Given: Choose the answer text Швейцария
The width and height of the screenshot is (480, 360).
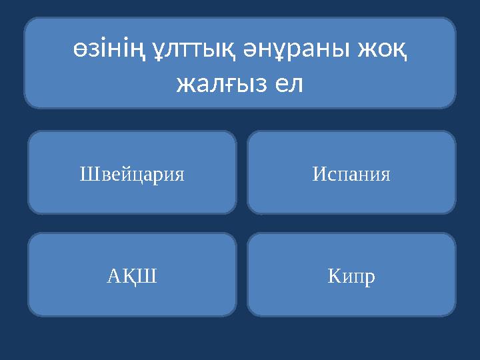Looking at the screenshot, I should point(132,175).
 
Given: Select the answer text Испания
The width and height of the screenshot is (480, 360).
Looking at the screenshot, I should point(351,175).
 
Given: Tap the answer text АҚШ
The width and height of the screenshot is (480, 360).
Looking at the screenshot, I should point(132,275).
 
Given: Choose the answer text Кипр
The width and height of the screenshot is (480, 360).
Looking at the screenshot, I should point(351,275).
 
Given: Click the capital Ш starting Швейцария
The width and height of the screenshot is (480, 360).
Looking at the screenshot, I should point(86,175).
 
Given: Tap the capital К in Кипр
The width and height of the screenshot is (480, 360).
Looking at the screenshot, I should point(334,275).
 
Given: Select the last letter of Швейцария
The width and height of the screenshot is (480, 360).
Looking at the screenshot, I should point(179,176).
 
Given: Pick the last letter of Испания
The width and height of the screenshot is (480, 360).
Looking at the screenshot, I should point(385,176).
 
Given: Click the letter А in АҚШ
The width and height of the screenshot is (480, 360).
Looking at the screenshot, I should point(114,275).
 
